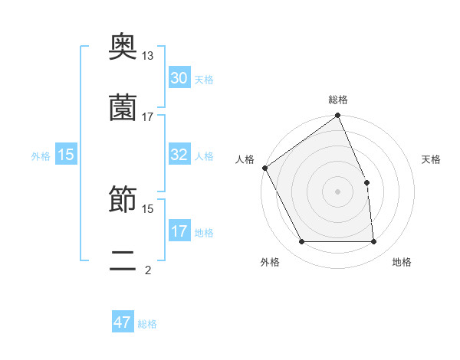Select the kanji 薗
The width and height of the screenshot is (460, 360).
click(x=123, y=107)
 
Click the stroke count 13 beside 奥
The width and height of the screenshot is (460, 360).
click(x=148, y=56)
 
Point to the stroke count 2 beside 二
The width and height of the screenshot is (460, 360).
click(x=148, y=270)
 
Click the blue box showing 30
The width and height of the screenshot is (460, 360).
click(x=179, y=78)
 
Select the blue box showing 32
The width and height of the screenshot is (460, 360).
click(x=179, y=155)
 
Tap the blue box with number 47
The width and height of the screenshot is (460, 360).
click(x=123, y=322)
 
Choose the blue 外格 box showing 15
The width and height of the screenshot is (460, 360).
click(x=66, y=155)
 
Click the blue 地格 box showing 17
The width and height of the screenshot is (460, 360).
click(x=179, y=231)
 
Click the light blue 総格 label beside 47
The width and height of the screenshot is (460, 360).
click(x=147, y=324)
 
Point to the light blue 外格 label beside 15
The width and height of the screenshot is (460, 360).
click(x=41, y=156)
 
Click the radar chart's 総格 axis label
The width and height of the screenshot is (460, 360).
click(x=338, y=100)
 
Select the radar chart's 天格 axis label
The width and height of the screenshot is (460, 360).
click(x=432, y=159)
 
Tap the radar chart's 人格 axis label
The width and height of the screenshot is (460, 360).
click(x=245, y=159)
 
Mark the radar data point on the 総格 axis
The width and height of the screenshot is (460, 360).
click(x=338, y=116)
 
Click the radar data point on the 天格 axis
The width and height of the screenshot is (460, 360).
click(x=366, y=182)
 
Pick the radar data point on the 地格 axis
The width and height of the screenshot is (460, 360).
click(x=374, y=242)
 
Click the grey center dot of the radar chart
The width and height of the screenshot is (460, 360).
click(x=338, y=191)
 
